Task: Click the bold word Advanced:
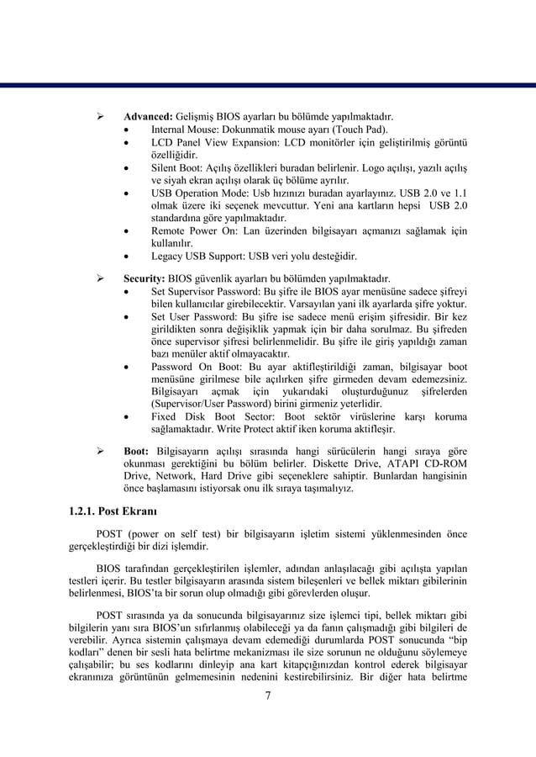coord(149,116)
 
